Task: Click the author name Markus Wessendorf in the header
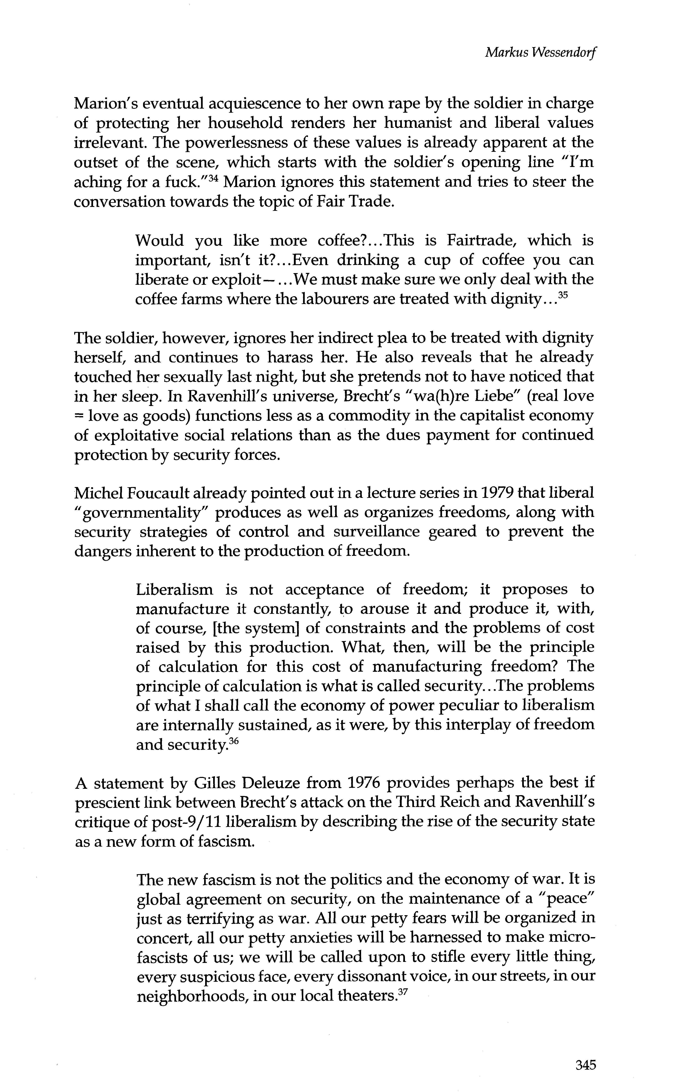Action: tap(540, 53)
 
